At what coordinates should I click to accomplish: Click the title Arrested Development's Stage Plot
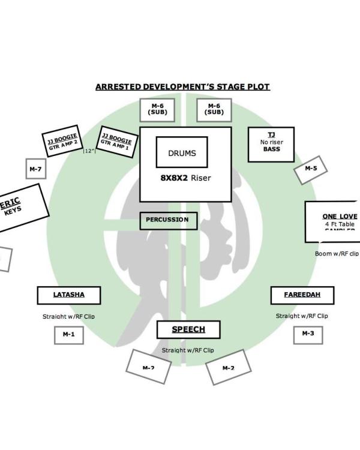[x=182, y=87]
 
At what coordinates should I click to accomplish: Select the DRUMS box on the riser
[x=182, y=152]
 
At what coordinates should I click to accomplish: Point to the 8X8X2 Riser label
[x=185, y=178]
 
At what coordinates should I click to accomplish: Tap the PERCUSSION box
[x=167, y=220]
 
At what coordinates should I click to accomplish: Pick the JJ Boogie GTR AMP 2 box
[x=62, y=142]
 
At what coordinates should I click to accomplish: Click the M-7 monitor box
[x=35, y=170]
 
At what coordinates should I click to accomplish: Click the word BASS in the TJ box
[x=271, y=149]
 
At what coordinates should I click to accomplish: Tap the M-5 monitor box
[x=311, y=169]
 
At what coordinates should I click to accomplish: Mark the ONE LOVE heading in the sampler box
[x=340, y=216]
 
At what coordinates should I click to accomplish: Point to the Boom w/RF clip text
[x=337, y=254]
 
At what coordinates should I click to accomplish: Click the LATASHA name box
[x=69, y=295]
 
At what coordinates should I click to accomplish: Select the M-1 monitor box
[x=68, y=334]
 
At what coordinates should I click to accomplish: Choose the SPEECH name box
[x=188, y=329]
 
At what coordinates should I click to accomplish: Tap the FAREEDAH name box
[x=302, y=295]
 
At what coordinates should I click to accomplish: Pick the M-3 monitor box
[x=308, y=334]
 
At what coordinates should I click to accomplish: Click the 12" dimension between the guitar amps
[x=89, y=151]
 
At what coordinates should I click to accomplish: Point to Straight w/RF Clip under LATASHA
[x=68, y=316]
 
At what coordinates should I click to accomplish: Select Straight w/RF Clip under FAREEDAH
[x=302, y=316]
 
